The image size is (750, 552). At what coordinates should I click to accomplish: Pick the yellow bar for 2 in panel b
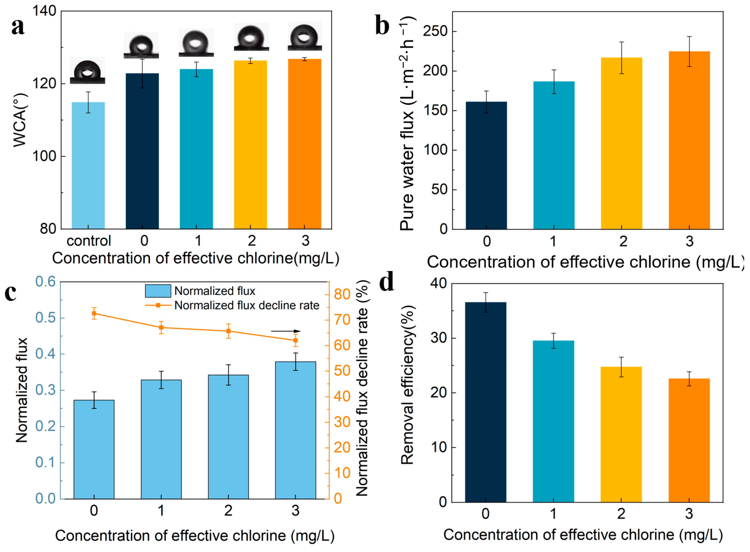622,144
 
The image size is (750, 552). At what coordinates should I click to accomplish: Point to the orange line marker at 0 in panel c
94,313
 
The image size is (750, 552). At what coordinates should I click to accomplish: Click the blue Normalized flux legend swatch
158,291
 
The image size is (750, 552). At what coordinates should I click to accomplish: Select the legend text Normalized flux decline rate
247,305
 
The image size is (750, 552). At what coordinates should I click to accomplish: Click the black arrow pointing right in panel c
286,331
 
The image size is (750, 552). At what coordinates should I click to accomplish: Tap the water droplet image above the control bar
87,70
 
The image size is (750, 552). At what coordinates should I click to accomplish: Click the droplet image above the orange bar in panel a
305,36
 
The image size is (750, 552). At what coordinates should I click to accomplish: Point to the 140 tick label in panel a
44,11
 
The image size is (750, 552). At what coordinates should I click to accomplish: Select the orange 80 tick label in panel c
342,294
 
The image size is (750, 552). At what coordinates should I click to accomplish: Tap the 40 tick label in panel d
438,284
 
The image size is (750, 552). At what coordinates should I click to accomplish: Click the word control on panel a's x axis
89,241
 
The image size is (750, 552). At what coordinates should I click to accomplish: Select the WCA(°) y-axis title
20,120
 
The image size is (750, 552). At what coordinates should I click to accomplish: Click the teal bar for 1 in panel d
553,421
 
